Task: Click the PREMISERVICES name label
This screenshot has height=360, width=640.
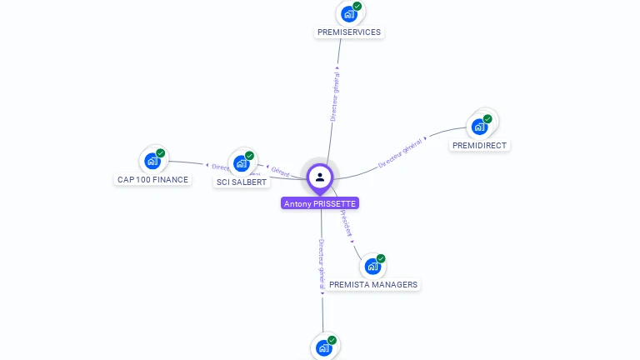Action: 349,32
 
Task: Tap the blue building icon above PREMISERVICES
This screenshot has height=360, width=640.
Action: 348,13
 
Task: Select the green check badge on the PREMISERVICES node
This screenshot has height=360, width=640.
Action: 357,7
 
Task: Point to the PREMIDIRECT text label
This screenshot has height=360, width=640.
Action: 479,145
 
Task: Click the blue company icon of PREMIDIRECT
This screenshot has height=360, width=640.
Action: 479,127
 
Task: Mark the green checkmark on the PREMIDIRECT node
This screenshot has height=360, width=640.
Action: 487,119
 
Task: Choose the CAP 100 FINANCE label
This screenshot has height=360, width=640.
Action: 152,179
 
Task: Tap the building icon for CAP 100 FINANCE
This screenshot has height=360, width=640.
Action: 152,161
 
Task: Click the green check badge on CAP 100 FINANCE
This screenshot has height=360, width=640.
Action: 161,153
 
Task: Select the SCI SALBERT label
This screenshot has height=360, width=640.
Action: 242,182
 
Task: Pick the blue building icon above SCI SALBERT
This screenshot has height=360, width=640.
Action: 241,162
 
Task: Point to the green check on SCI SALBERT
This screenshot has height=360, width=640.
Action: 250,156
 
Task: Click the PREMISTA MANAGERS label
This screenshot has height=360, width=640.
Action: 373,284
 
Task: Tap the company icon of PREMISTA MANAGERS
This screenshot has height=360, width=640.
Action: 372,266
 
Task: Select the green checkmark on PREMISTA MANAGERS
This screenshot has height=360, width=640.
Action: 381,258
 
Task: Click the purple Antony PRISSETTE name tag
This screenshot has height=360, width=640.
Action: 320,203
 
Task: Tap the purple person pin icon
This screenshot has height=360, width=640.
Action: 320,177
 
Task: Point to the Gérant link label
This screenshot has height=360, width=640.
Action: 281,172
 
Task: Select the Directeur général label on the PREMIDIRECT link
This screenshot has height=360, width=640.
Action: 400,153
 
